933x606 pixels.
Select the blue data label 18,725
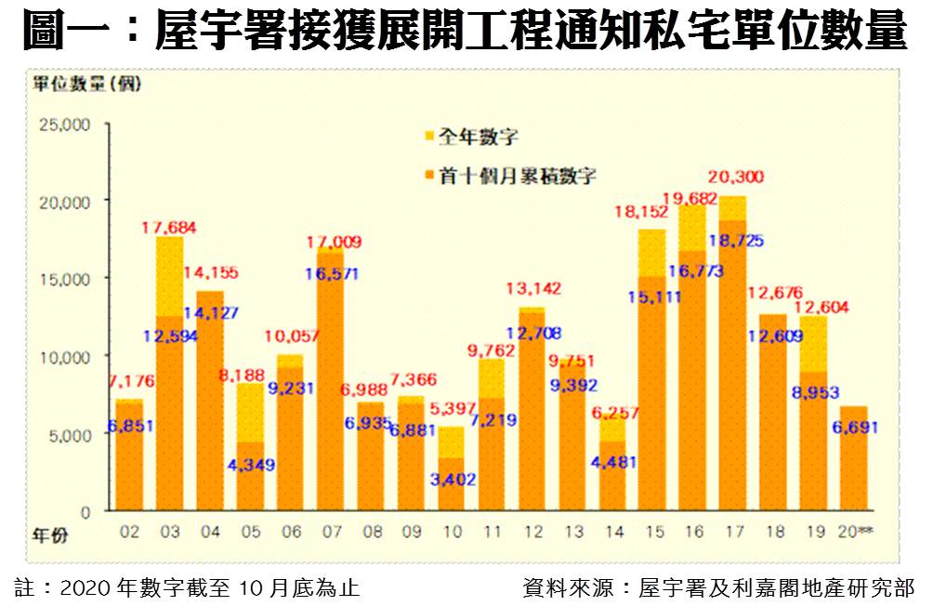737,241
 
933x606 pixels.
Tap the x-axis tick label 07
330,533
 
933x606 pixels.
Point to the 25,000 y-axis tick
62,124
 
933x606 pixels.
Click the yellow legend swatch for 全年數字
429,137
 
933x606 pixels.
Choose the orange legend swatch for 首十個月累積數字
429,175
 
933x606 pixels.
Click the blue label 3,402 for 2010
451,480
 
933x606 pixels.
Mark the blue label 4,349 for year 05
251,464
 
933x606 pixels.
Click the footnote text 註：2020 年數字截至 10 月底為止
186,587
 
